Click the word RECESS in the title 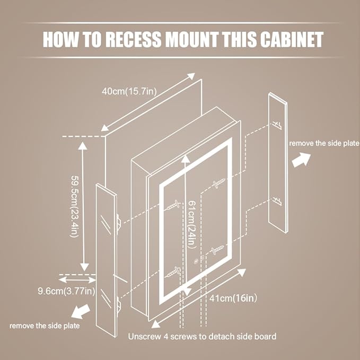[134, 39]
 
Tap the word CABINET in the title [292, 39]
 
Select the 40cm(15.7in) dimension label [129, 91]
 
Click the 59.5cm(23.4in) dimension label [75, 207]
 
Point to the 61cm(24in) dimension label [192, 225]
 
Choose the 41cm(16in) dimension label [233, 298]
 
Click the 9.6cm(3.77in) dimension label [66, 291]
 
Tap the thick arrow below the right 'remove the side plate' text [301, 160]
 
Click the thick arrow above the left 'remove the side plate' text [81, 311]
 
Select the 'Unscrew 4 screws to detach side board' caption [202, 336]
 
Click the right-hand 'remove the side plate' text [324, 143]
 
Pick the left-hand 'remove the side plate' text [45, 326]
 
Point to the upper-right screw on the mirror [219, 183]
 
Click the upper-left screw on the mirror [173, 205]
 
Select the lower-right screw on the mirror [217, 250]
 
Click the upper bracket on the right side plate [277, 125]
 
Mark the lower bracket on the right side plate [277, 200]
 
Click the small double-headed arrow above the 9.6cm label [77, 279]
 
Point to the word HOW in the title [60, 39]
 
